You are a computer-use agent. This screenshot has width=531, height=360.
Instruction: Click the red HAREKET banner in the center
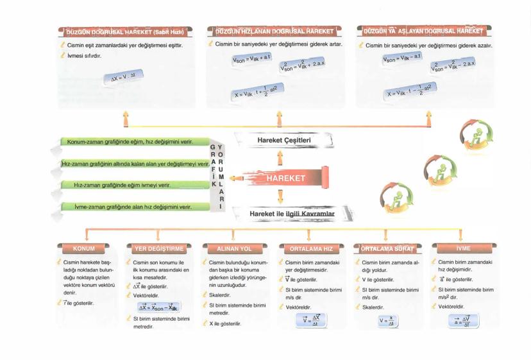pos(286,178)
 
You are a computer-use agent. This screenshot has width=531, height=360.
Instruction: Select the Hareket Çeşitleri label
pos(283,140)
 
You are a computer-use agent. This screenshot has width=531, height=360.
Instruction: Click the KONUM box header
pos(84,248)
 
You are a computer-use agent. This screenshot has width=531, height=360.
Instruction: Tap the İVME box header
pos(461,248)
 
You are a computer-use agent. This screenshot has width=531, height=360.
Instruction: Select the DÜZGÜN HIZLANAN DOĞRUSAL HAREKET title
pos(276,31)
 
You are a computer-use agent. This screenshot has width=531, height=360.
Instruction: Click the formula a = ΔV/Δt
pos(460,320)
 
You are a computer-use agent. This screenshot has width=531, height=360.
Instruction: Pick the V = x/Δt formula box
pos(385,320)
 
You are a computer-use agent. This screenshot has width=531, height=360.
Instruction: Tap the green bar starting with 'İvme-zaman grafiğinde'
pos(135,207)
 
